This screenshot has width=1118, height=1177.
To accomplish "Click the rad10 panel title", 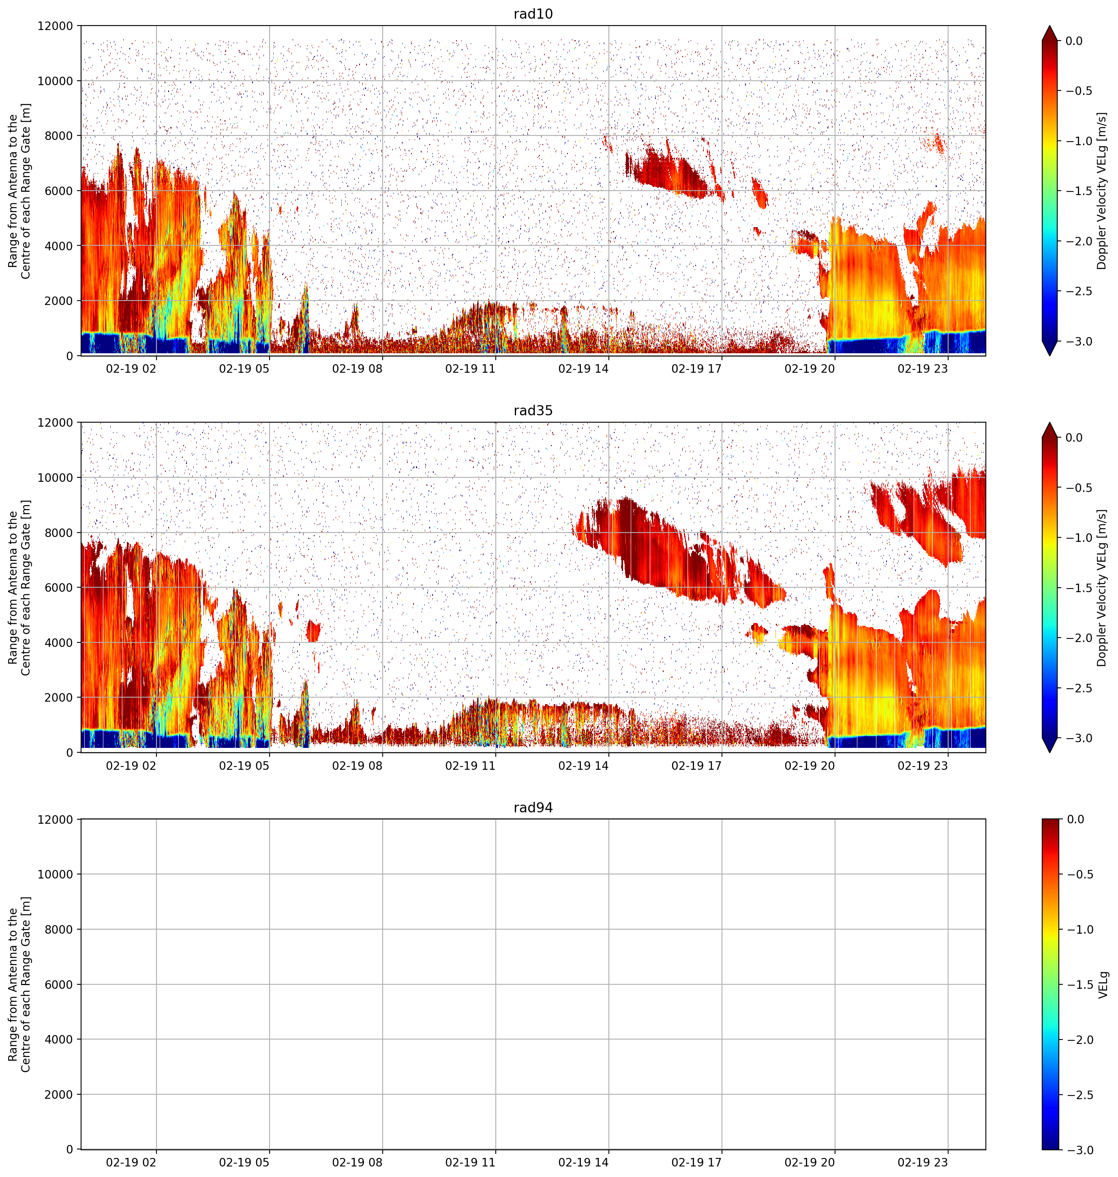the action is pyautogui.click(x=533, y=14).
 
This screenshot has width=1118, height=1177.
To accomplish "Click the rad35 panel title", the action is pyautogui.click(x=533, y=411).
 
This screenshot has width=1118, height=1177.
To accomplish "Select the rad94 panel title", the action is pyautogui.click(x=533, y=808).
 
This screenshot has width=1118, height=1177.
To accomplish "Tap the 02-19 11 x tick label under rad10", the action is pyautogui.click(x=470, y=369).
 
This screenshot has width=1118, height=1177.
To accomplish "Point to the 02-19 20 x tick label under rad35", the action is pyautogui.click(x=809, y=766).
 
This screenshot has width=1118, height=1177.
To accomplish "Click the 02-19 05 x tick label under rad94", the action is pyautogui.click(x=244, y=1162).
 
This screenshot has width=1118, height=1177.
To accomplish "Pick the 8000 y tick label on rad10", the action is pyautogui.click(x=60, y=136).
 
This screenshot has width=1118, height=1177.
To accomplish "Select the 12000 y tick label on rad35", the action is pyautogui.click(x=56, y=423).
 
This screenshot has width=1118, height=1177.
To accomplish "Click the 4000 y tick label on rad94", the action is pyautogui.click(x=60, y=1039).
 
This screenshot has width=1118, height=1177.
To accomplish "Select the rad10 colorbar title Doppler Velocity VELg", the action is pyautogui.click(x=1101, y=191).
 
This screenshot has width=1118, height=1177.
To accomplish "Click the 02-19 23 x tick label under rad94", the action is pyautogui.click(x=923, y=1162).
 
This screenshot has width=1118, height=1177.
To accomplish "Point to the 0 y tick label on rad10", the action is pyautogui.click(x=70, y=356).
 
